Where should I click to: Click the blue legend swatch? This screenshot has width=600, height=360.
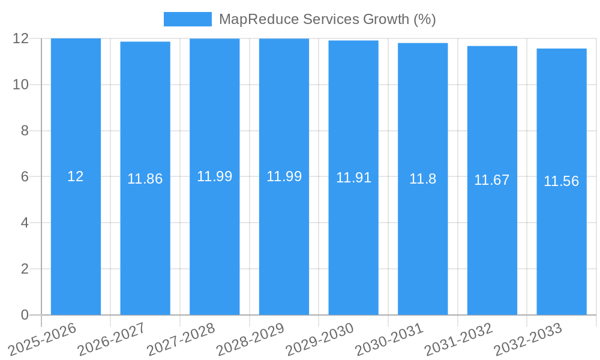click(187, 19)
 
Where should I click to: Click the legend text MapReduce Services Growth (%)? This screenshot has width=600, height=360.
click(327, 19)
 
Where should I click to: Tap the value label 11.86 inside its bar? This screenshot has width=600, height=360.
click(145, 179)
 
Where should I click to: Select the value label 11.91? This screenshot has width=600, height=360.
click(353, 178)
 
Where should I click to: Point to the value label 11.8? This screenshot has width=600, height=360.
click(422, 179)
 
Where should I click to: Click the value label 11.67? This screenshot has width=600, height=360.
click(491, 180)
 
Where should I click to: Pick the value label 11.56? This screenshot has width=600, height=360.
click(561, 181)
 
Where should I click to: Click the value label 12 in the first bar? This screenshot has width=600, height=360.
click(76, 176)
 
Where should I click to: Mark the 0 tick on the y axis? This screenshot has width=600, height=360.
click(25, 315)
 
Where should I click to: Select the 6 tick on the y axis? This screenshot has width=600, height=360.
click(25, 177)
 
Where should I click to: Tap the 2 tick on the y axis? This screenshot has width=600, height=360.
click(25, 269)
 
